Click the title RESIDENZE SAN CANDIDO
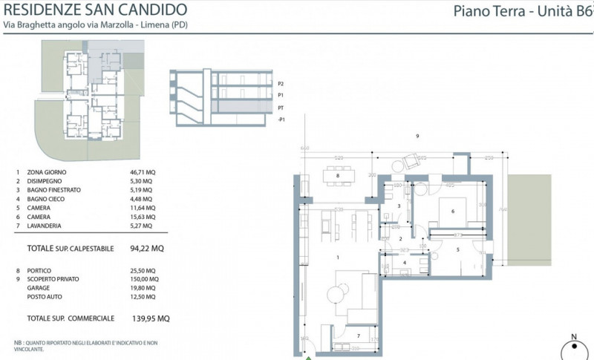[x=96, y=10]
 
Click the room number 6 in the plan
[x=451, y=211]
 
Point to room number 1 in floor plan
[x=338, y=258]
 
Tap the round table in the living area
[x=335, y=294]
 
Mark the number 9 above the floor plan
[x=418, y=136]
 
